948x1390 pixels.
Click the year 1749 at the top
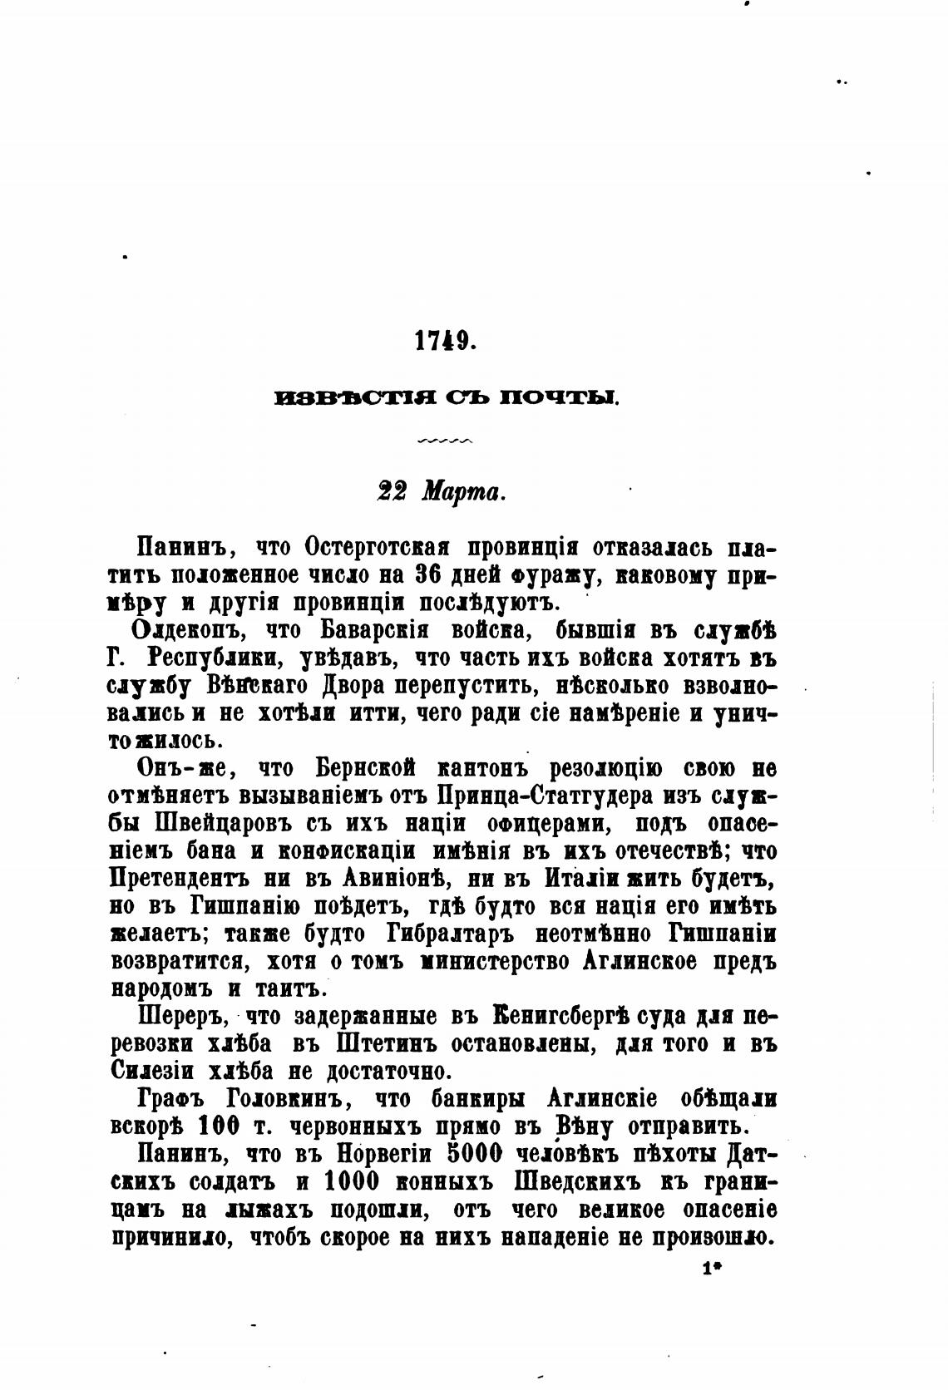[444, 342]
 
